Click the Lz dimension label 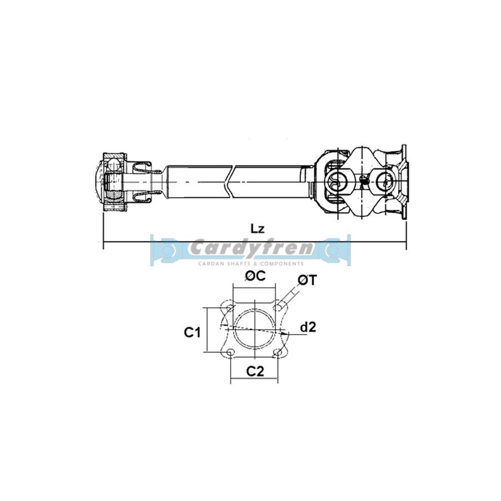[257, 228]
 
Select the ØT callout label [307, 282]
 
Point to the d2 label [307, 328]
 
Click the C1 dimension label [193, 333]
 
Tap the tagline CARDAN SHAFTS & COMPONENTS [250, 262]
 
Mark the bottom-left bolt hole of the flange [230, 352]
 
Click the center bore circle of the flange [254, 330]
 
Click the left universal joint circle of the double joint [337, 180]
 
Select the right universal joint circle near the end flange [385, 180]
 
